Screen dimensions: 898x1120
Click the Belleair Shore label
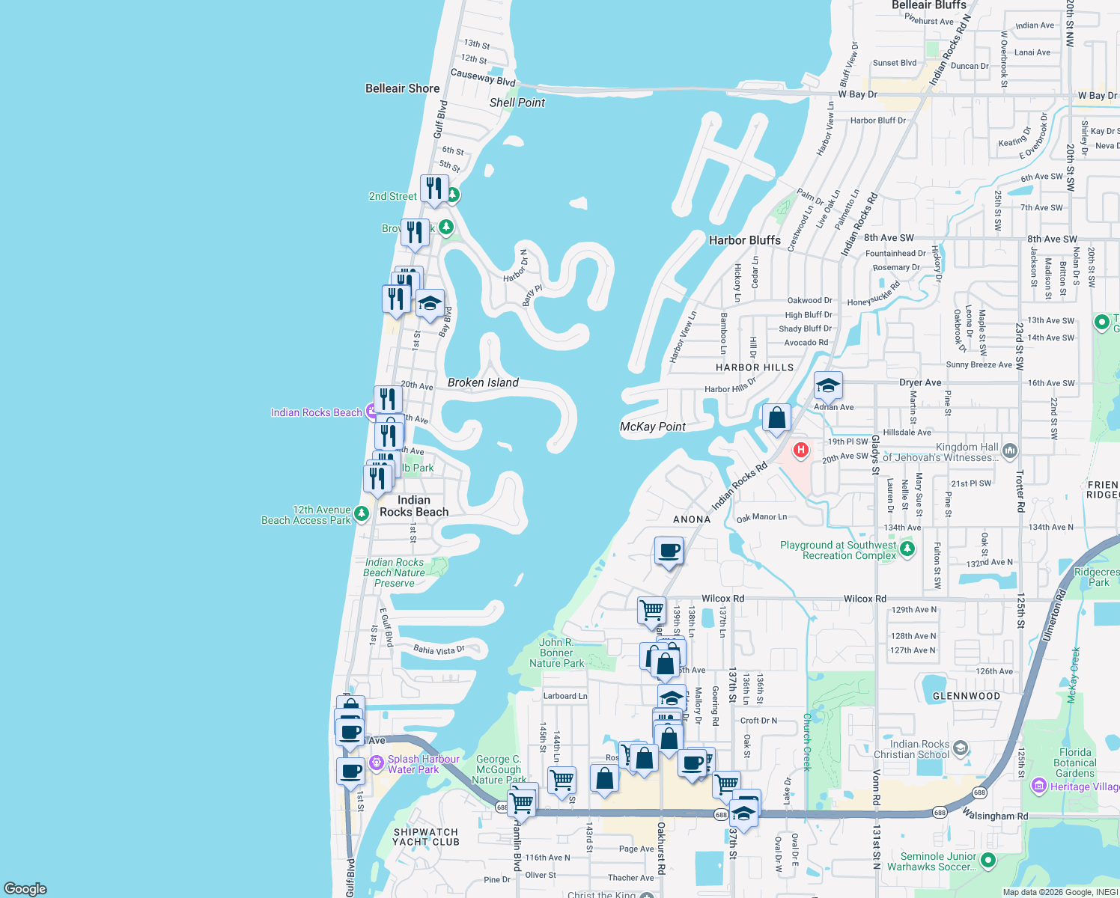402,88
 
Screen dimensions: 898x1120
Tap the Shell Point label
517,103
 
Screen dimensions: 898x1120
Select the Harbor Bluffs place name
744,240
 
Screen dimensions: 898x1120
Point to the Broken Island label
483,382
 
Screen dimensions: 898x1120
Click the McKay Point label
653,427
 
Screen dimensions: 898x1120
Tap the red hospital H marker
801,450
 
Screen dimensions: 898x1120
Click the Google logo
25,888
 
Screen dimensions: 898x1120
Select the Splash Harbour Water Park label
423,764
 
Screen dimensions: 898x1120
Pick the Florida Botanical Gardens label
1075,763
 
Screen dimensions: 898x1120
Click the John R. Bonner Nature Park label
556,653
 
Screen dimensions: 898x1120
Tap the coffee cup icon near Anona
669,552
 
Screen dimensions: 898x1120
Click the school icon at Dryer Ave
827,385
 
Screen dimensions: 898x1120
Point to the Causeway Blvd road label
483,76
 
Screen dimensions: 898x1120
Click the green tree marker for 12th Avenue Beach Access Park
362,513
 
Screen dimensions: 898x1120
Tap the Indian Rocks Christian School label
919,749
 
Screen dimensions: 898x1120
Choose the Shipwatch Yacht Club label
426,837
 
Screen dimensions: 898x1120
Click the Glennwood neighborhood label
966,696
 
